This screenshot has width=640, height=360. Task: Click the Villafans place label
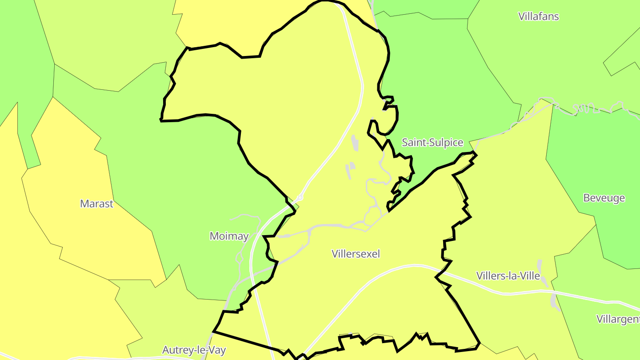click(538, 16)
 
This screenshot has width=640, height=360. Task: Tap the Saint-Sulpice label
click(432, 143)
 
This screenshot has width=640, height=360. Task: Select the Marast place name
click(96, 204)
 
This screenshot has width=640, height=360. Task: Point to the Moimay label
click(229, 236)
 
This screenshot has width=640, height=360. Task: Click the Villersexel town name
click(356, 254)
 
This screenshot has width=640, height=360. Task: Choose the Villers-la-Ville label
click(508, 276)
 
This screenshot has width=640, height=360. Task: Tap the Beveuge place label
click(604, 198)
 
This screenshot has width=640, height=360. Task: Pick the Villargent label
click(618, 319)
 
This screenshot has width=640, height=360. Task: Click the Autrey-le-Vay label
click(194, 350)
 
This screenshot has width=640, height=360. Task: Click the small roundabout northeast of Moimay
click(300, 197)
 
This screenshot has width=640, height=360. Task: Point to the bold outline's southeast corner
click(479, 343)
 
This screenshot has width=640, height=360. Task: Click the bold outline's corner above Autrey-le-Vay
click(214, 331)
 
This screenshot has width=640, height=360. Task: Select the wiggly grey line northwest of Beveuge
click(587, 108)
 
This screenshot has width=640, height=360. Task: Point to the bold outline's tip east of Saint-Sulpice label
click(476, 154)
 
